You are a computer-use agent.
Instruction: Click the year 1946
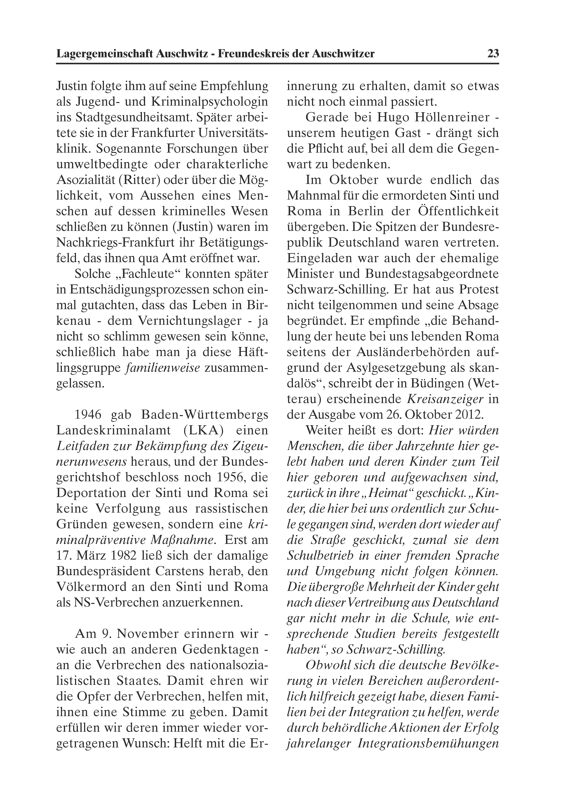click(88, 415)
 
